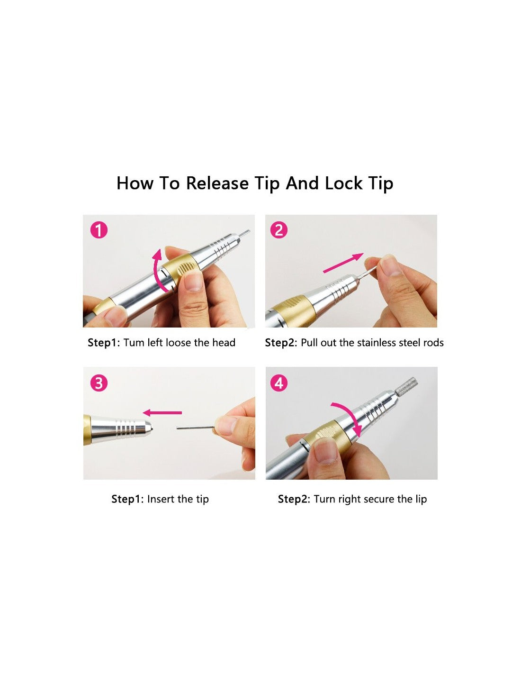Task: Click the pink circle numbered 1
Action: point(99,230)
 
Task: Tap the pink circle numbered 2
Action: point(278,230)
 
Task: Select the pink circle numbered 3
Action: point(99,383)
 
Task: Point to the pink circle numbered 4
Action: point(279,383)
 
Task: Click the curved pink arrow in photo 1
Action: point(156,273)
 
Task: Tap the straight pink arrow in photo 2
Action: point(343,263)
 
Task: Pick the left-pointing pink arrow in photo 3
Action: point(162,412)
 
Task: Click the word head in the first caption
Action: point(224,342)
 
